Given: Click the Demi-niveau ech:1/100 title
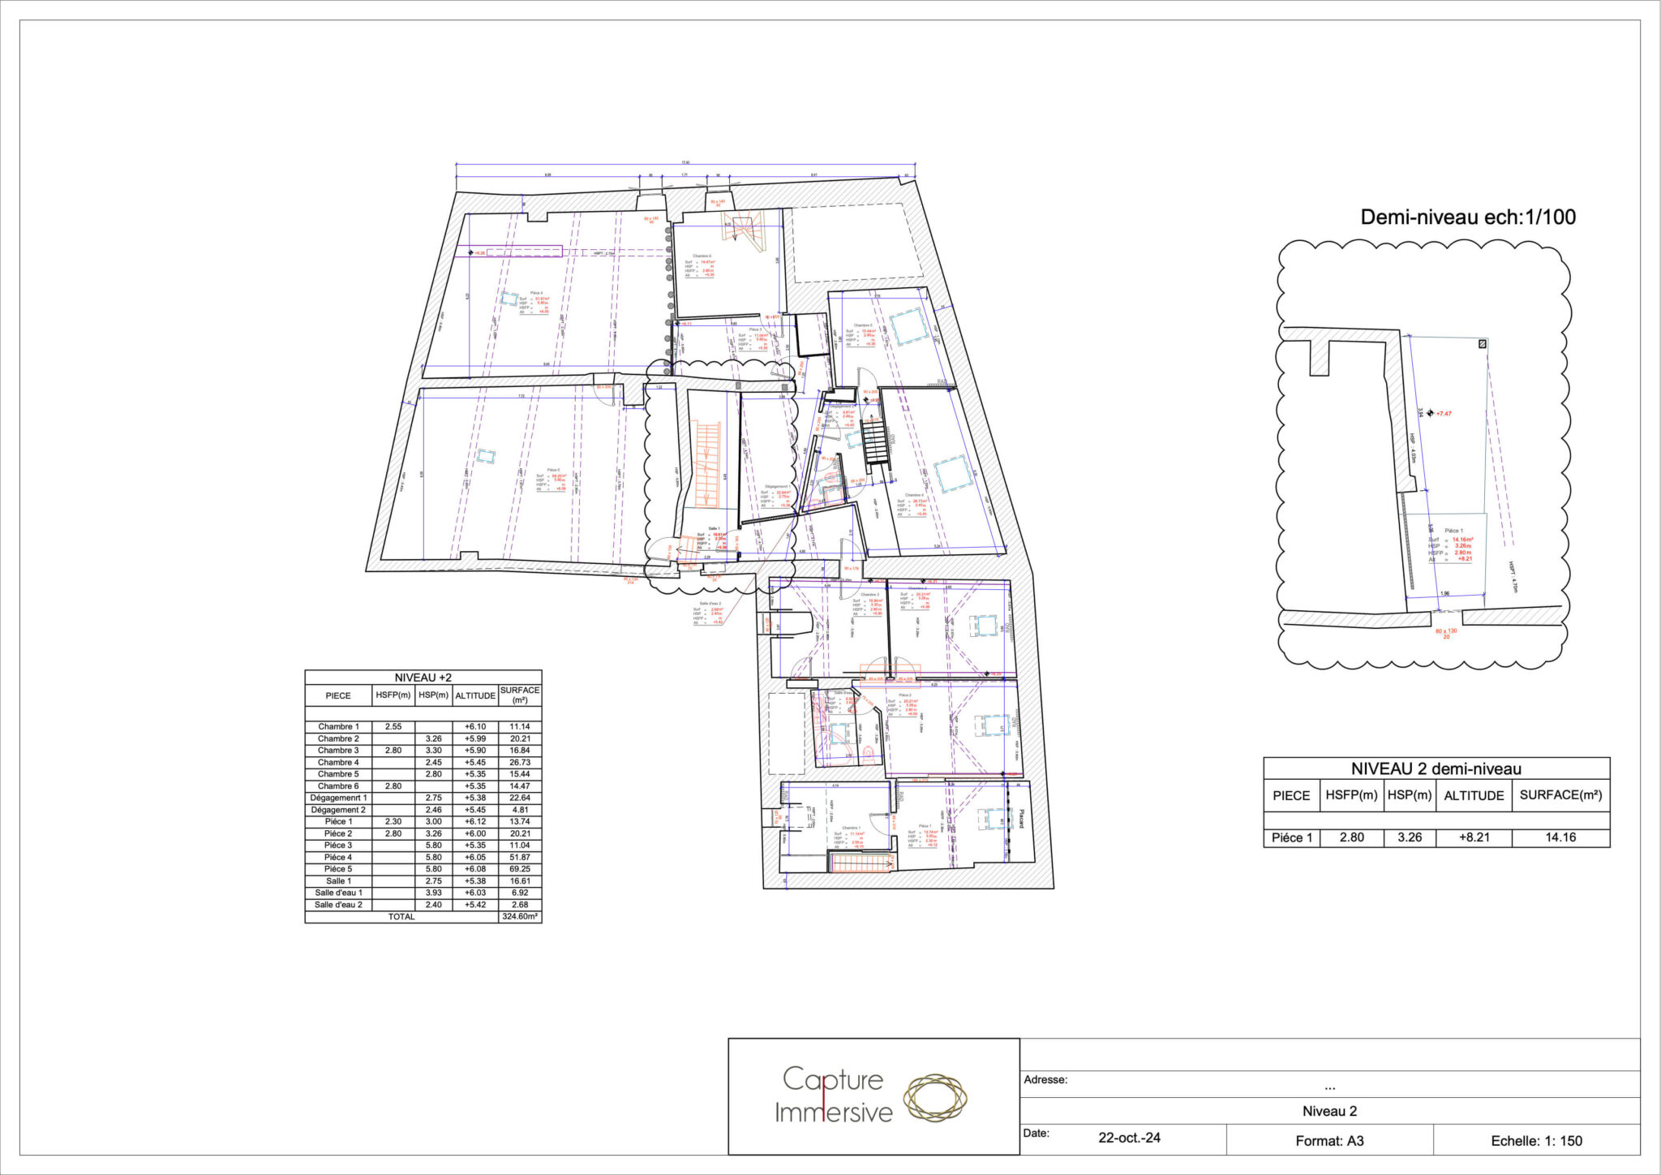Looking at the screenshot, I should (1468, 217).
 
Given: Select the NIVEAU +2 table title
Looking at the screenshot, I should (423, 678).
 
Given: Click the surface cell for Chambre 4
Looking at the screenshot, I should (520, 763).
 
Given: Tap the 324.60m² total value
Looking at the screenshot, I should (520, 917).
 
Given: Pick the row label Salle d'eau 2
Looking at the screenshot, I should (338, 905).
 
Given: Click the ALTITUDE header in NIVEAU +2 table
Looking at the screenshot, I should (475, 695).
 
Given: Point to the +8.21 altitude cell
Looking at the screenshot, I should (1474, 837).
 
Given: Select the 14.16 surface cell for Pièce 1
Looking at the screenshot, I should (1560, 837).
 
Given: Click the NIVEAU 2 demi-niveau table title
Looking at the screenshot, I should (1436, 768).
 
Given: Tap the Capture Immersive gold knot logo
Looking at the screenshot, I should (935, 1100).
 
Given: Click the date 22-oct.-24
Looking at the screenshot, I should (1129, 1138).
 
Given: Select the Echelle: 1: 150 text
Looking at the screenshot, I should (1536, 1141).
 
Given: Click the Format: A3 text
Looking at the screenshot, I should (1329, 1141).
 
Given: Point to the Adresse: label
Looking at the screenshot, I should (1045, 1080).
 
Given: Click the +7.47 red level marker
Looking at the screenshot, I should (1443, 414).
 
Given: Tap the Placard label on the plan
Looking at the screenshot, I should (1021, 819).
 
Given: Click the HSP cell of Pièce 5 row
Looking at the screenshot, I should (434, 869).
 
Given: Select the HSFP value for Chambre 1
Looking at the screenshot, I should (393, 727).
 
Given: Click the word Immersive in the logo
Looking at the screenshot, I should (833, 1113).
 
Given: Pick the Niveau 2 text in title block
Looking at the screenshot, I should (1329, 1112).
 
